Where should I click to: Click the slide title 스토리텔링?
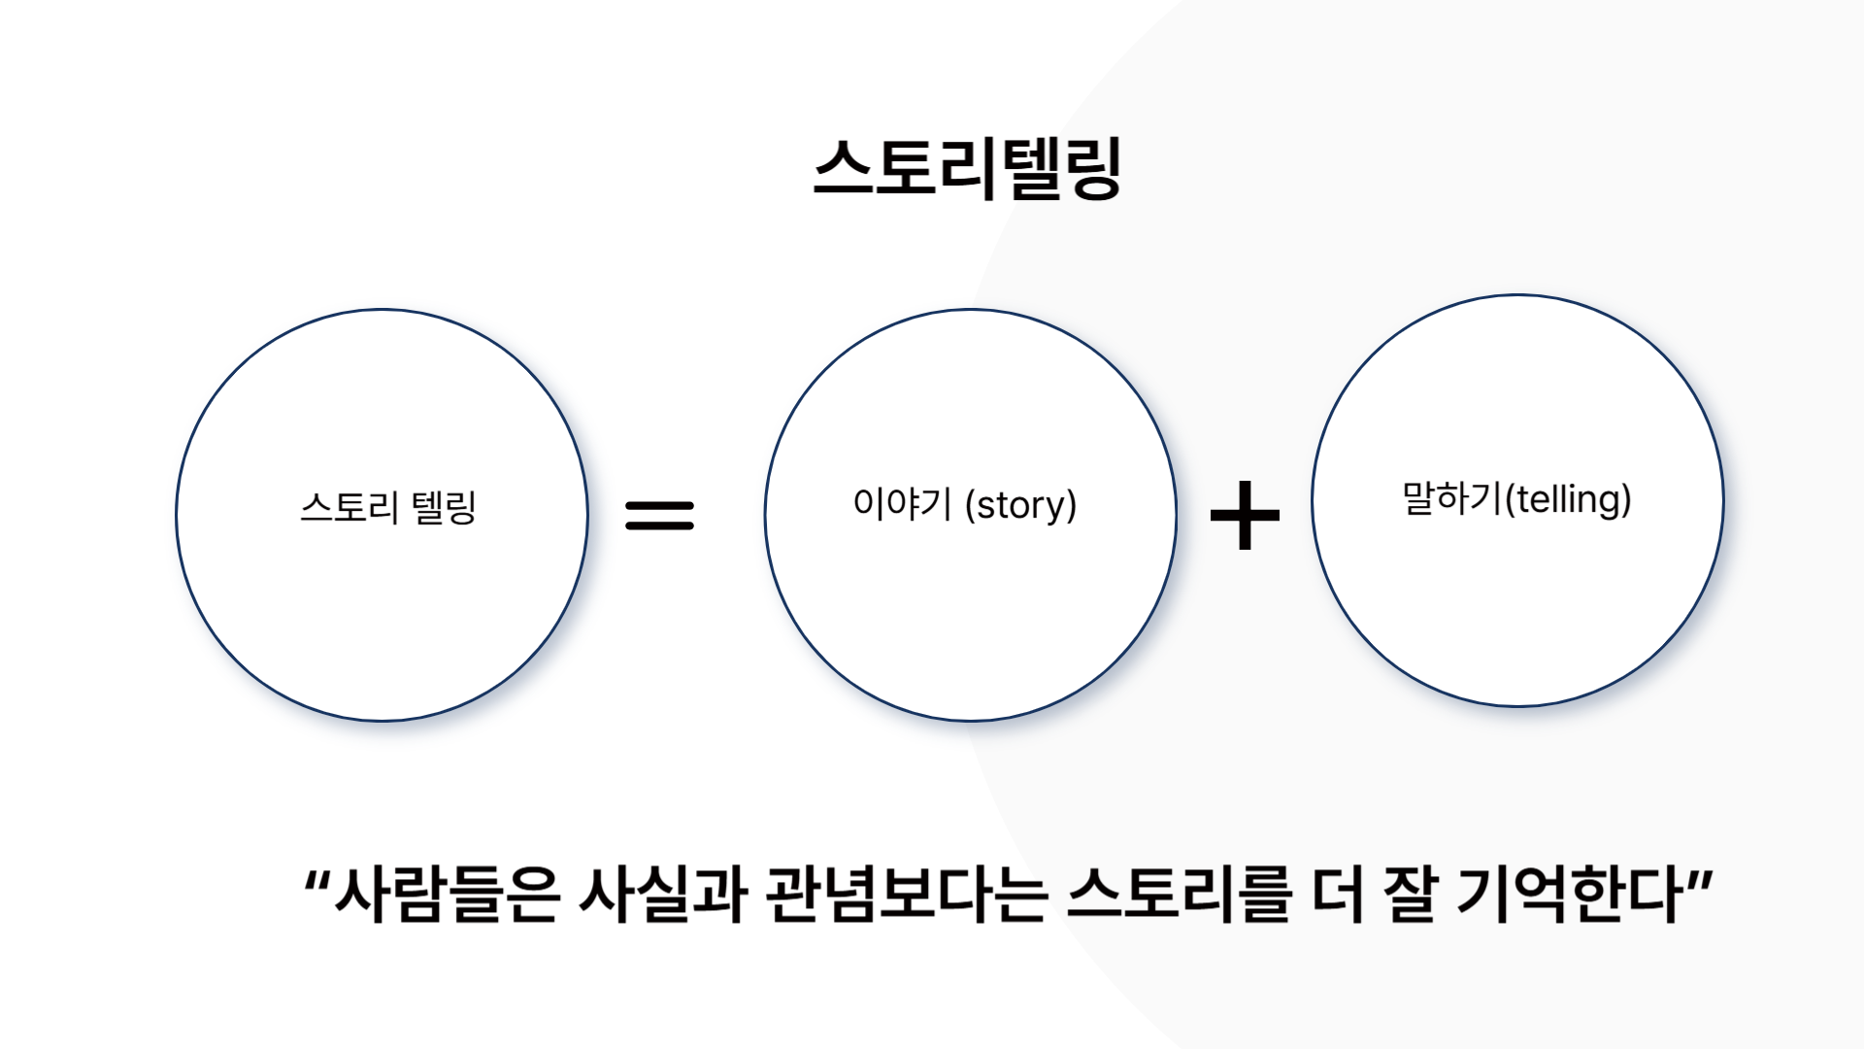click(x=968, y=168)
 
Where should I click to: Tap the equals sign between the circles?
click(x=660, y=515)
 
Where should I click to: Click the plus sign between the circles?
click(x=1245, y=515)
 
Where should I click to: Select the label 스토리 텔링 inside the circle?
click(x=388, y=507)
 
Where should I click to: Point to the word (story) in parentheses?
click(x=1020, y=505)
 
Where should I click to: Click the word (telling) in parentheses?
click(x=1568, y=499)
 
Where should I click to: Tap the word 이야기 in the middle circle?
click(x=902, y=504)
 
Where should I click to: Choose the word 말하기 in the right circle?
click(x=1452, y=498)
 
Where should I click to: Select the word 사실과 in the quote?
click(x=663, y=894)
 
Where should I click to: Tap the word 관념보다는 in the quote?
click(x=907, y=894)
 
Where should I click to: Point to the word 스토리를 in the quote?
click(x=1179, y=894)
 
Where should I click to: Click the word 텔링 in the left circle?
click(x=444, y=507)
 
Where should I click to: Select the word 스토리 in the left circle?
click(x=349, y=507)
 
